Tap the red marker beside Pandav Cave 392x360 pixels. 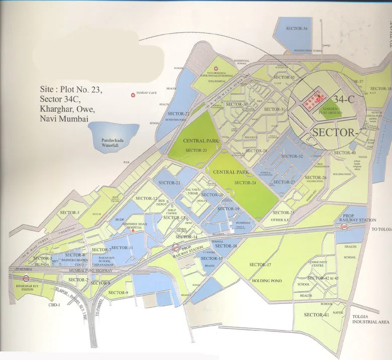133,94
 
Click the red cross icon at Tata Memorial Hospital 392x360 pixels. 216,68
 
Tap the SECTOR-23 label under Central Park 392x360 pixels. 196,151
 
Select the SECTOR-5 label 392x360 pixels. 70,213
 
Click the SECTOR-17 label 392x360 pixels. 260,265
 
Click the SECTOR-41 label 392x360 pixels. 317,315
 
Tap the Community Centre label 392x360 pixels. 318,264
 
